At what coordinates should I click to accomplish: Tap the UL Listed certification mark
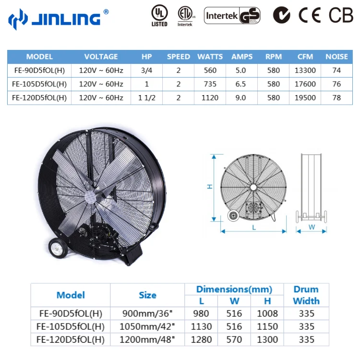coord(159,15)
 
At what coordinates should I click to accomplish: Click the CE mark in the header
coord(310,15)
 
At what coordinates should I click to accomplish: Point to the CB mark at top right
coord(341,15)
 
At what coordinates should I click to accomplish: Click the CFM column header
coord(305,57)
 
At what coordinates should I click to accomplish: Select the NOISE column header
coord(336,57)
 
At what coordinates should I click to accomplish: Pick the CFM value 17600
coord(305,84)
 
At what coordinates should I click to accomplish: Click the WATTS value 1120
coord(210,97)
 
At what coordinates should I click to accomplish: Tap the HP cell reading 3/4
coord(147,71)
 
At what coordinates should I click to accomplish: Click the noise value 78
coord(336,97)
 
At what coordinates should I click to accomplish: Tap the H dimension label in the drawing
coord(210,186)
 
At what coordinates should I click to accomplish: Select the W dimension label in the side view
coord(312,228)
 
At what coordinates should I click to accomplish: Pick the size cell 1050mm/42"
coord(147,327)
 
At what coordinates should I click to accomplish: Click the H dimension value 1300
coord(267,340)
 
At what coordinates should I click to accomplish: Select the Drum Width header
coord(306,295)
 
